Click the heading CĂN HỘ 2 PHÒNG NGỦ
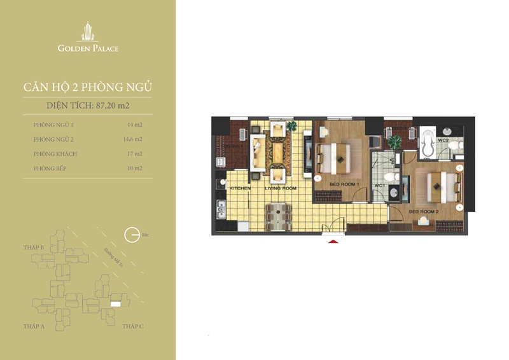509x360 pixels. (87, 87)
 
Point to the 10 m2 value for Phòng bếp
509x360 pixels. (134, 168)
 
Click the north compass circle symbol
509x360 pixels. (131, 235)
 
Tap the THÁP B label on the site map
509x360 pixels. (33, 247)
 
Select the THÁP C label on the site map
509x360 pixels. (133, 326)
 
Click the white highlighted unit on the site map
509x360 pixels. (115, 305)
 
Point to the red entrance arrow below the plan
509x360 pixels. (332, 240)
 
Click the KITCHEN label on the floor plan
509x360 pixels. (241, 189)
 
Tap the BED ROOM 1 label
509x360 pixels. (345, 184)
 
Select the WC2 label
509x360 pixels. (443, 139)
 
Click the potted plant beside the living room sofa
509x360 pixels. (292, 125)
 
